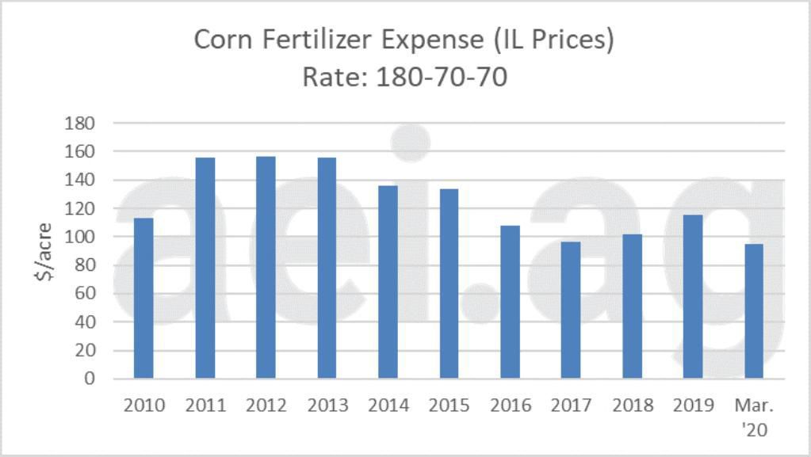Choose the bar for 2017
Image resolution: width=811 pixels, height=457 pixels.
571,310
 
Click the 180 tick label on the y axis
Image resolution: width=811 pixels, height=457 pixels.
82,124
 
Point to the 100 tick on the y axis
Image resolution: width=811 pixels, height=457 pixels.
82,237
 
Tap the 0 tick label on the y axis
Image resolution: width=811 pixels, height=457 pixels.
90,379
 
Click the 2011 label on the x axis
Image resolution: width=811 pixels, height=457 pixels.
205,406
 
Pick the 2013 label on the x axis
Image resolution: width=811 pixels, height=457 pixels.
327,406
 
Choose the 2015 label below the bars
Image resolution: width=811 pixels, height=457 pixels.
449,406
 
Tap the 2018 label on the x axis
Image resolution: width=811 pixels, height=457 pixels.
633,406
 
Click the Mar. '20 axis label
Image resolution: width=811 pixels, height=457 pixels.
754,417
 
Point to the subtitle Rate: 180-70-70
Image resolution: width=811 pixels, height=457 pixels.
404,78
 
